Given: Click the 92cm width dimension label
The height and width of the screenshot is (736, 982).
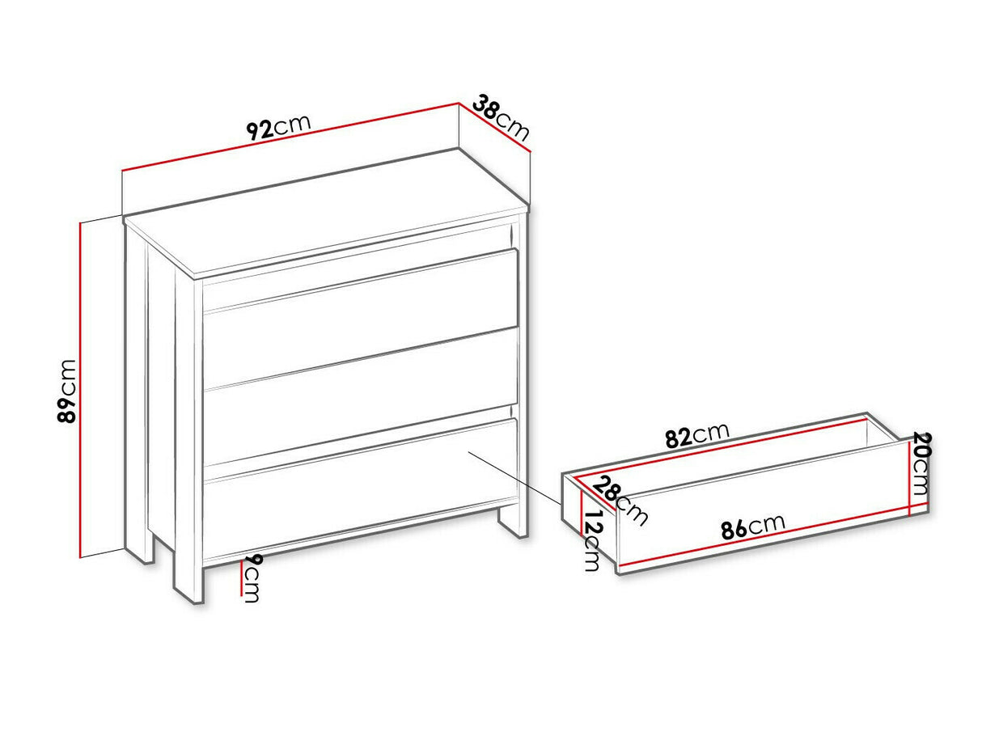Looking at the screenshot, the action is (278, 128).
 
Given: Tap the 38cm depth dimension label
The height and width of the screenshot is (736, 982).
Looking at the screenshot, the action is (501, 116).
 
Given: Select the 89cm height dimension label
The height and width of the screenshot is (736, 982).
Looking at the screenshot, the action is (67, 391).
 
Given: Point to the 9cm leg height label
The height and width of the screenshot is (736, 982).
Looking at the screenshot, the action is (252, 578).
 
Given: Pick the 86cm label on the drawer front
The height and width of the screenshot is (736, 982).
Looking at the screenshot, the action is (753, 527).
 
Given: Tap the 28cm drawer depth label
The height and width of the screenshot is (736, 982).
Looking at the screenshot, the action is (619, 501).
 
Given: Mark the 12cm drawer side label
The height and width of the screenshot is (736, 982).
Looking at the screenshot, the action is (592, 540).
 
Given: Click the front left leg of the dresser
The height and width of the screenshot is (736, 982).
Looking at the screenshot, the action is (188, 577).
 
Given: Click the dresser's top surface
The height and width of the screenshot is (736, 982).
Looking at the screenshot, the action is (327, 213).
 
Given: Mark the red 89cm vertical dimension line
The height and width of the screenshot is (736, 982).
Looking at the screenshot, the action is (80, 390).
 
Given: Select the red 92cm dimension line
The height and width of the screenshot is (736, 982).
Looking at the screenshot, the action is (290, 137).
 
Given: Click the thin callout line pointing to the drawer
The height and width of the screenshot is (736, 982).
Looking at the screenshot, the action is (515, 477).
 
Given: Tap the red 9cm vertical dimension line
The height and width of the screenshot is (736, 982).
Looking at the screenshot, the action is (242, 577).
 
